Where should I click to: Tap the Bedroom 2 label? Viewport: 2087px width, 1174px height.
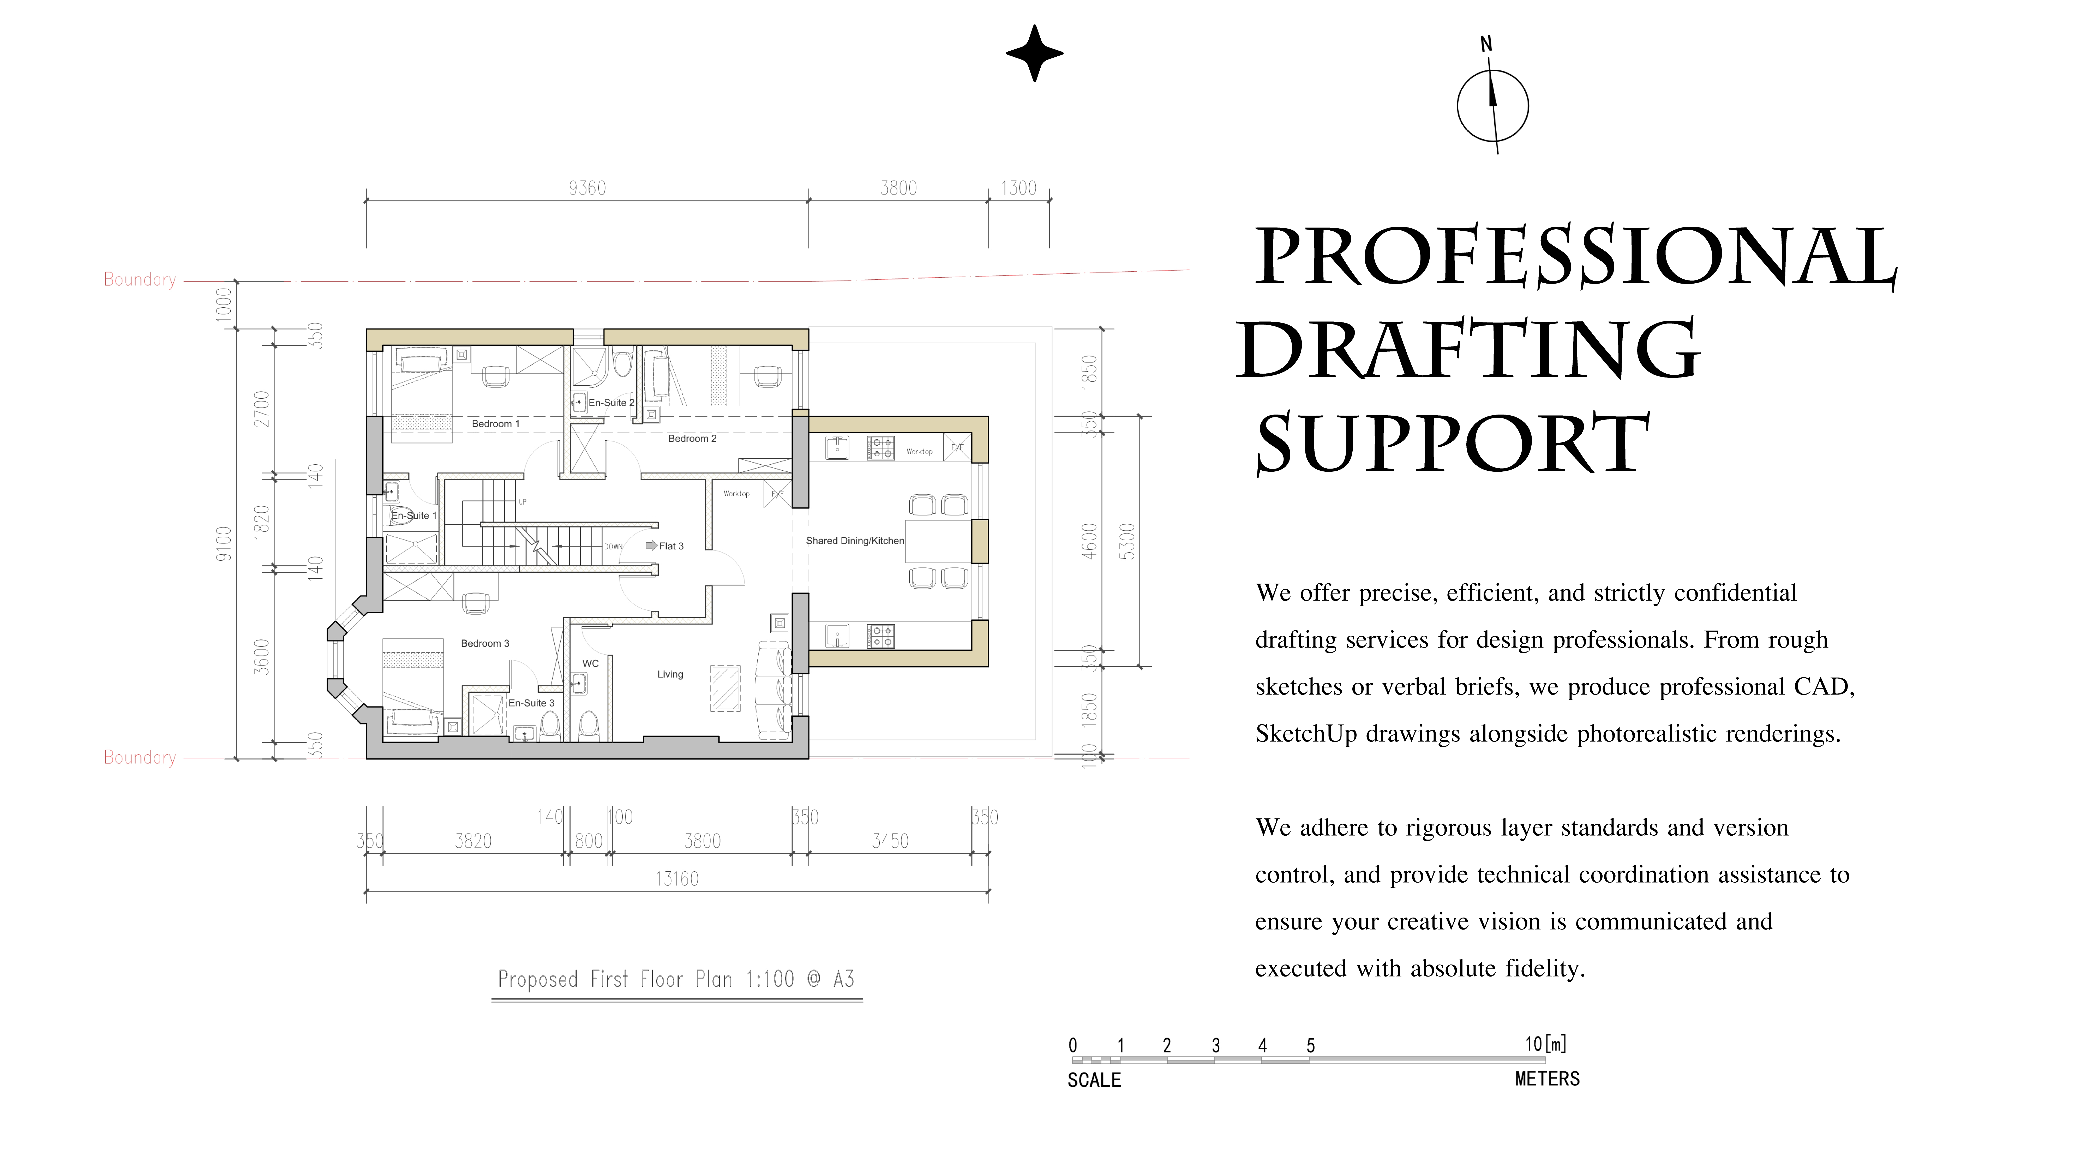coord(692,438)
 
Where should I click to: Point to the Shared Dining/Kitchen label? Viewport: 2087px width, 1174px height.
coord(855,540)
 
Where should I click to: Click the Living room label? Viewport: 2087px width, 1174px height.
coord(670,674)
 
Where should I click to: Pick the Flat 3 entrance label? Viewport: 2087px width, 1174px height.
coord(671,546)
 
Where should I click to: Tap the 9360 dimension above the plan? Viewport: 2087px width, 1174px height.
coord(587,188)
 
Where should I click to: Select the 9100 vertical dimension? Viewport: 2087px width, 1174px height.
coord(224,544)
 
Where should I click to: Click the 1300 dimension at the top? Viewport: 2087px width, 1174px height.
coord(1018,188)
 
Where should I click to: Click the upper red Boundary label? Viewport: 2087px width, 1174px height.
coord(139,279)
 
